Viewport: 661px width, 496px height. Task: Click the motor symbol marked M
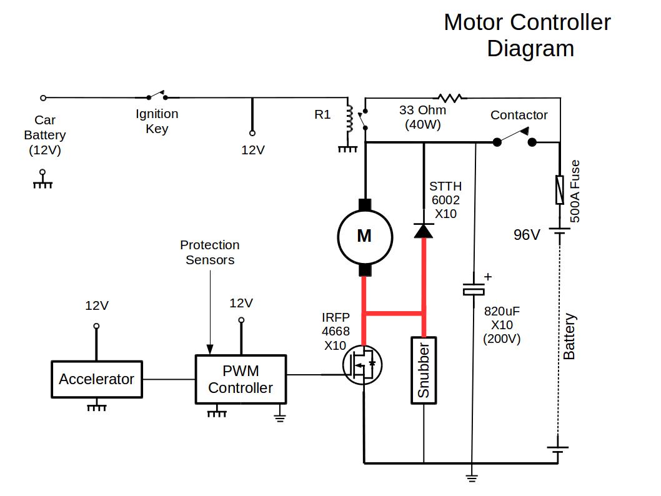[x=365, y=236]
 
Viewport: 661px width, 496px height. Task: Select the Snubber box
[x=423, y=370]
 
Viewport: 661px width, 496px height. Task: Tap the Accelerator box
[x=96, y=379]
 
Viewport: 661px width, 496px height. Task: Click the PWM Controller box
[x=241, y=379]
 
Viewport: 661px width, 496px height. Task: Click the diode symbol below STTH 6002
[x=424, y=231]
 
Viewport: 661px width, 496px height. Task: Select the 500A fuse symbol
[x=559, y=189]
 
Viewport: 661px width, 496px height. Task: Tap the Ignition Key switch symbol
[x=157, y=96]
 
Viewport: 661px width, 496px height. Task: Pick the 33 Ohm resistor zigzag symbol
[x=450, y=97]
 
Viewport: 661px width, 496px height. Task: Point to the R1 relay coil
[x=349, y=119]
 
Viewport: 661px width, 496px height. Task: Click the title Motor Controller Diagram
[x=528, y=35]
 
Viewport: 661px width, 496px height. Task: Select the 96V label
[x=526, y=236]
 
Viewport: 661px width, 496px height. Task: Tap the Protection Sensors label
[x=210, y=252]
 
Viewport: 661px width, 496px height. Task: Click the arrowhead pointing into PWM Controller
[x=210, y=350]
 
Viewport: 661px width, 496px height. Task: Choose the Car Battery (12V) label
[x=45, y=135]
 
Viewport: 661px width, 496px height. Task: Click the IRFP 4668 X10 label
[x=335, y=332]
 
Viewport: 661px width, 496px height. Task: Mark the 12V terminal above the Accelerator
[x=96, y=325]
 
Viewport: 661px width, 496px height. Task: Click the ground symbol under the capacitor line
[x=472, y=478]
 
